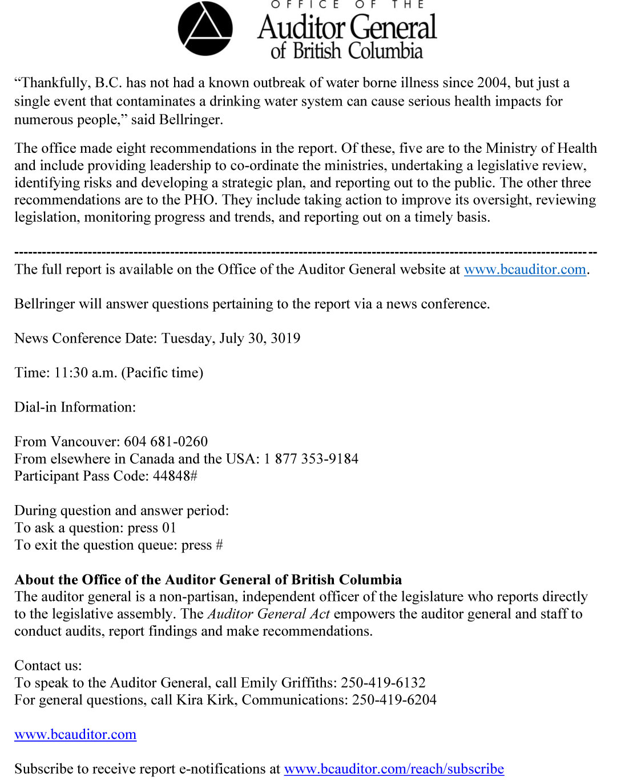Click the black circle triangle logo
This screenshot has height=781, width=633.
click(x=205, y=29)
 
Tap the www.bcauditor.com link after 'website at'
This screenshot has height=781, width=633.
click(x=525, y=270)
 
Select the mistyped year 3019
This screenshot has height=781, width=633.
click(x=285, y=338)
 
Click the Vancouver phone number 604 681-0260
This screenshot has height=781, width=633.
click(x=166, y=442)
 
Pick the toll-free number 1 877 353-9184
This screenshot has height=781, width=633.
click(x=311, y=459)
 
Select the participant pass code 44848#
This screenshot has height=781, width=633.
click(x=175, y=476)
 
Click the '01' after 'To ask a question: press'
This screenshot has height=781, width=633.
click(x=169, y=528)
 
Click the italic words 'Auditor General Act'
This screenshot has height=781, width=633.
click(x=269, y=614)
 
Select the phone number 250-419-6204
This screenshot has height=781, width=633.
click(x=394, y=700)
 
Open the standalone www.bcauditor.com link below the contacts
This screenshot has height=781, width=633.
click(x=75, y=734)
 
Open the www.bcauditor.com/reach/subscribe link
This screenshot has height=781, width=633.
click(x=394, y=769)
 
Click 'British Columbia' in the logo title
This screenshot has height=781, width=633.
click(x=358, y=51)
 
